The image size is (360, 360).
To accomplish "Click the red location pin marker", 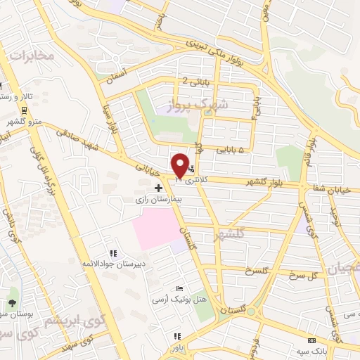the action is tap(180, 165).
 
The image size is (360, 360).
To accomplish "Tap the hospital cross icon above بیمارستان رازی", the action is tap(158, 188).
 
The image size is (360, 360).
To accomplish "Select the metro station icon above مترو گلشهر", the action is tap(25, 110).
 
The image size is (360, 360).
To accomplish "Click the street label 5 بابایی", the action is tap(231, 150).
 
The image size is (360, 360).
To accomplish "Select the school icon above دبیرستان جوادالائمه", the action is tap(112, 253).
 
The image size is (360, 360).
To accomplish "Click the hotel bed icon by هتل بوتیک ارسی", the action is tap(180, 289).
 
